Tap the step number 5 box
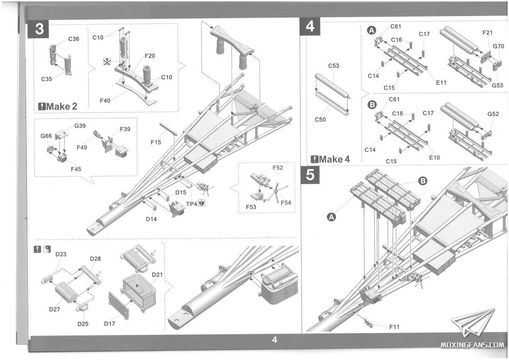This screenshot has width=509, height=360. (311, 175)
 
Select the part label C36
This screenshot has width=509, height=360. (73, 39)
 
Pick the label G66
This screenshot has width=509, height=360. (46, 136)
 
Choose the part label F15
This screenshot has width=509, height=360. (156, 142)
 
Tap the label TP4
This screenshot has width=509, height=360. (192, 203)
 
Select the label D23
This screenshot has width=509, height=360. (61, 254)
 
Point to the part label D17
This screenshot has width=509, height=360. (110, 323)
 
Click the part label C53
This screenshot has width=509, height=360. (334, 66)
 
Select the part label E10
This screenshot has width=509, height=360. (434, 157)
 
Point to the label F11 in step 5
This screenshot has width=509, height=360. (394, 327)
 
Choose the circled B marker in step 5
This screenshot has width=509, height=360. (422, 181)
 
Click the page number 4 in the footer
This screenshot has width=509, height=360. (274, 340)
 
